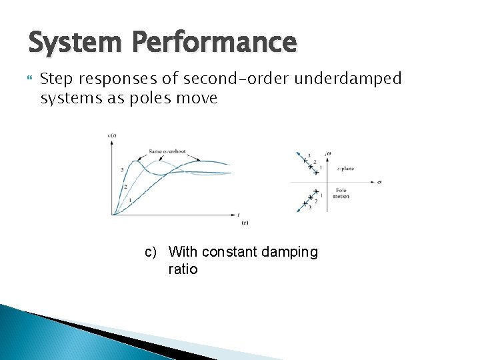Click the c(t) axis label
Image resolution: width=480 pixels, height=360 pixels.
click(x=112, y=137)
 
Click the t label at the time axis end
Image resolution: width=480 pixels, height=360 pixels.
click(x=239, y=215)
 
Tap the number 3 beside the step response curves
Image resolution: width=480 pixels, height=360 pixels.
click(x=122, y=170)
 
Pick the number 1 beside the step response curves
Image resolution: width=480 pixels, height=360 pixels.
click(x=129, y=200)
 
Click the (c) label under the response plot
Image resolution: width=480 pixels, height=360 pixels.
click(x=245, y=222)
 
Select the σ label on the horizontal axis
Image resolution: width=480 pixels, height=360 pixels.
click(x=379, y=181)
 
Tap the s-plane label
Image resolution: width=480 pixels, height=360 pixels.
click(x=345, y=169)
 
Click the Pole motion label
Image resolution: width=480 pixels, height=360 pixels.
click(x=341, y=193)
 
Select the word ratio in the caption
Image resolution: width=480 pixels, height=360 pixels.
click(x=183, y=269)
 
